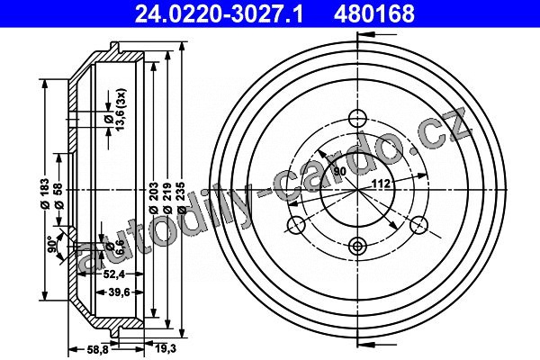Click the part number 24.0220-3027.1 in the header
coord(219,13)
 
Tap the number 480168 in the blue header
coord(374,13)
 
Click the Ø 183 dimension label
coord(46,193)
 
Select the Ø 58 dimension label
coord(59,195)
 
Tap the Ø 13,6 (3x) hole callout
coord(115,110)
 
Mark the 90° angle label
coord(52,244)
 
